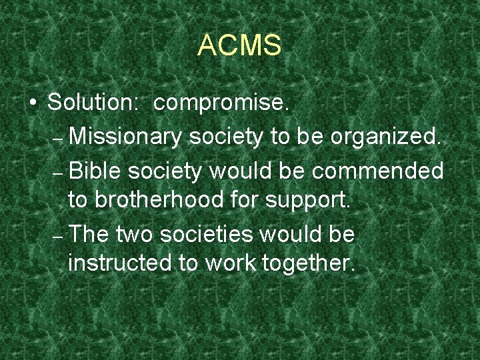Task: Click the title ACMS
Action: pyautogui.click(x=239, y=46)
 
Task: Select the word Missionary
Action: pyautogui.click(x=125, y=137)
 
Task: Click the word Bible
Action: pyautogui.click(x=94, y=171)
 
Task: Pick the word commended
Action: pyautogui.click(x=378, y=171)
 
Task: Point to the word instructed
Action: pyautogui.click(x=120, y=263)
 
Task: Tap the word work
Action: pyautogui.click(x=231, y=263)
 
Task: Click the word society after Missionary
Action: pyautogui.click(x=226, y=138)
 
